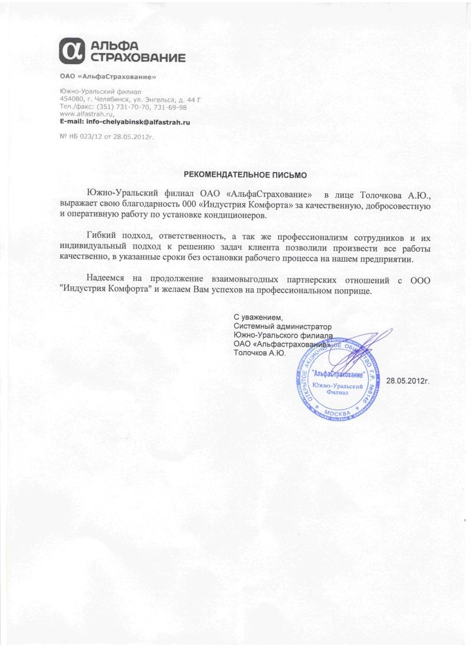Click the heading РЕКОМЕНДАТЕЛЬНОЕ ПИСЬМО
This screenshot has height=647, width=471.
246,175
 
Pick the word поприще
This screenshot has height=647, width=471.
352,292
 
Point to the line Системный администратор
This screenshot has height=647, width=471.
283,326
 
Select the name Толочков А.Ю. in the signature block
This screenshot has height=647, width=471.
260,353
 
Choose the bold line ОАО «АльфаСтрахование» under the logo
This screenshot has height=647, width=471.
108,77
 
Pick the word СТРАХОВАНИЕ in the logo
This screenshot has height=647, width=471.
138,58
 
